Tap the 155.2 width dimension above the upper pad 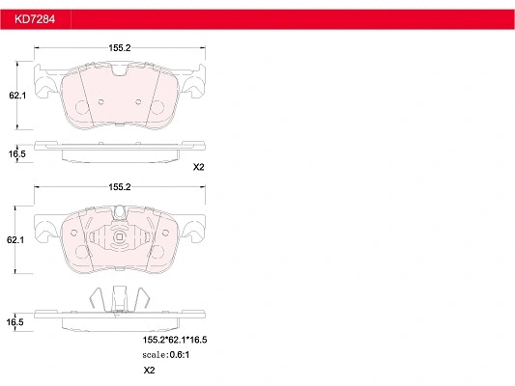pyautogui.click(x=120, y=47)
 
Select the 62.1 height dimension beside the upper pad pyautogui.click(x=15, y=96)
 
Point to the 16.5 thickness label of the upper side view pyautogui.click(x=16, y=153)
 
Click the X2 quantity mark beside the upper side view pyautogui.click(x=199, y=167)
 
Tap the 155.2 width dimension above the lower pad pyautogui.click(x=120, y=185)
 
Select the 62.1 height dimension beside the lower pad pyautogui.click(x=15, y=237)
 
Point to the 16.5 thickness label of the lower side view pyautogui.click(x=15, y=321)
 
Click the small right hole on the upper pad pyautogui.click(x=139, y=102)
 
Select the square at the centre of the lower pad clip pyautogui.click(x=120, y=240)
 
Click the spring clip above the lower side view pyautogui.click(x=120, y=297)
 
